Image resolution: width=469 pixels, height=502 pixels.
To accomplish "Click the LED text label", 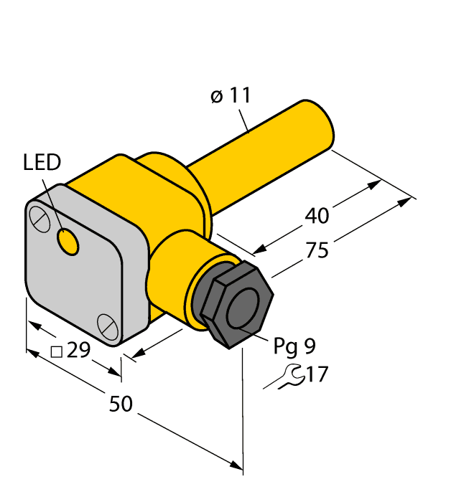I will point(42,163).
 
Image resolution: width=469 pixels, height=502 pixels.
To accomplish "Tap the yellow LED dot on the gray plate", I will point(69,242).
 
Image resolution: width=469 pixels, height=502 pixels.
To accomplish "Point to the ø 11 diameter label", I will point(231,95).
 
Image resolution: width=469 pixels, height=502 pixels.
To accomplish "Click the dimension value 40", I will point(317,215).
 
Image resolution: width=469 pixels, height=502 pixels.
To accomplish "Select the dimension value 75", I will point(317,250).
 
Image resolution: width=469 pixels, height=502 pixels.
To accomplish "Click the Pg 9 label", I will point(294,346).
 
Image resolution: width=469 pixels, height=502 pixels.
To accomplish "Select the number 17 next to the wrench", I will point(317,374).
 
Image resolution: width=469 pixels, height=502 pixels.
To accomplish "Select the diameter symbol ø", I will point(217,96).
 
